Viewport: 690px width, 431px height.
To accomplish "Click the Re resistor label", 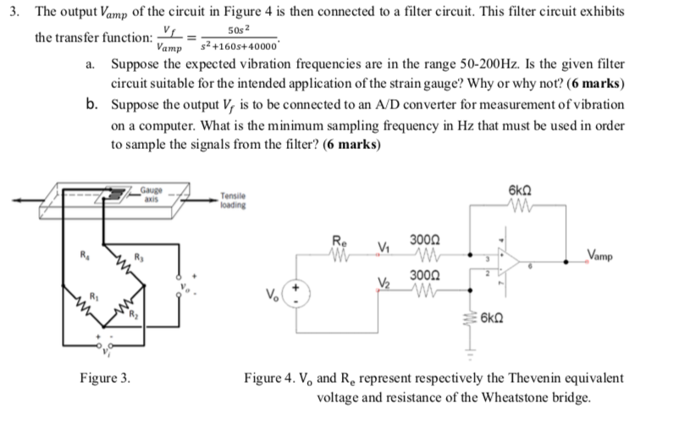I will tap(340, 239).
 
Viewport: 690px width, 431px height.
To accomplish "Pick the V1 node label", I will tap(383, 250).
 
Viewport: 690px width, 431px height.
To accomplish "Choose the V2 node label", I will tap(383, 283).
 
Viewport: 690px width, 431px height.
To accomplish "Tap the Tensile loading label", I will tap(232, 200).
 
